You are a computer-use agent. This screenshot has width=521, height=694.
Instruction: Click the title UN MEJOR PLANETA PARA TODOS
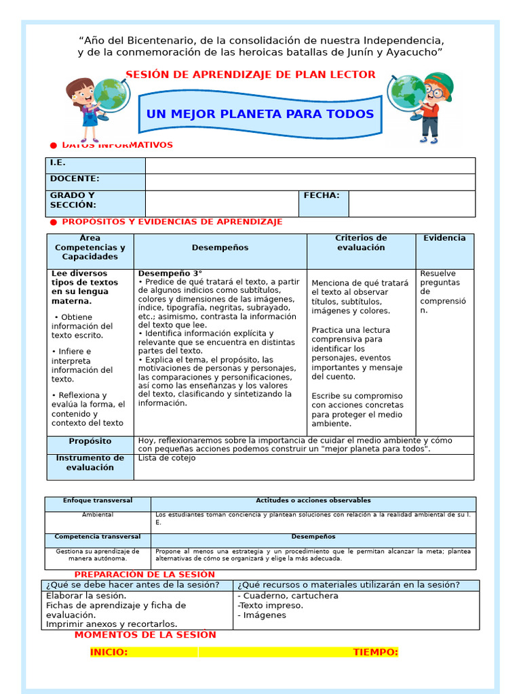[260, 114]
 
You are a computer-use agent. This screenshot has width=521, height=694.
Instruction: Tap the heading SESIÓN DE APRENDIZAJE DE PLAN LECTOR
[250, 75]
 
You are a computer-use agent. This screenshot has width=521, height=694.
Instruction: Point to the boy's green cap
[444, 83]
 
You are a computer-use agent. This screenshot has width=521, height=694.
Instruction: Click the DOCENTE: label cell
[96, 182]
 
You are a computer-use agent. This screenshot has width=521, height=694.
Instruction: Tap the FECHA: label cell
[324, 203]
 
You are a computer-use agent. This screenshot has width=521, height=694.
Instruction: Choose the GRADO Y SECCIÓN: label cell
[96, 203]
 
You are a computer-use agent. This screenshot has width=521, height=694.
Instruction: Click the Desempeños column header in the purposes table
[220, 248]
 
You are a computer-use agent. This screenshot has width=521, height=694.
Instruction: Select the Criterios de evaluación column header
[361, 243]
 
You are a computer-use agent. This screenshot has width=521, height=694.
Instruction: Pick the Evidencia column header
[444, 239]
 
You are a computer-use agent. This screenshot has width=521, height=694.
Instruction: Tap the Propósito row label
[90, 441]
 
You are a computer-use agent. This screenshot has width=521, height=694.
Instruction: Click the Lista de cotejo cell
[167, 458]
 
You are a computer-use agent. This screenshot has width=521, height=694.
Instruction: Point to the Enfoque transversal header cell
[98, 501]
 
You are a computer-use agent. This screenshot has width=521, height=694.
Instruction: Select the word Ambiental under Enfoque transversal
[98, 515]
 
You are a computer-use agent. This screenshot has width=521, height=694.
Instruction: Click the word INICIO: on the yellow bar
[109, 652]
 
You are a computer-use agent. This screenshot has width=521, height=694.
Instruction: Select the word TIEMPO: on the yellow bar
[375, 652]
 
